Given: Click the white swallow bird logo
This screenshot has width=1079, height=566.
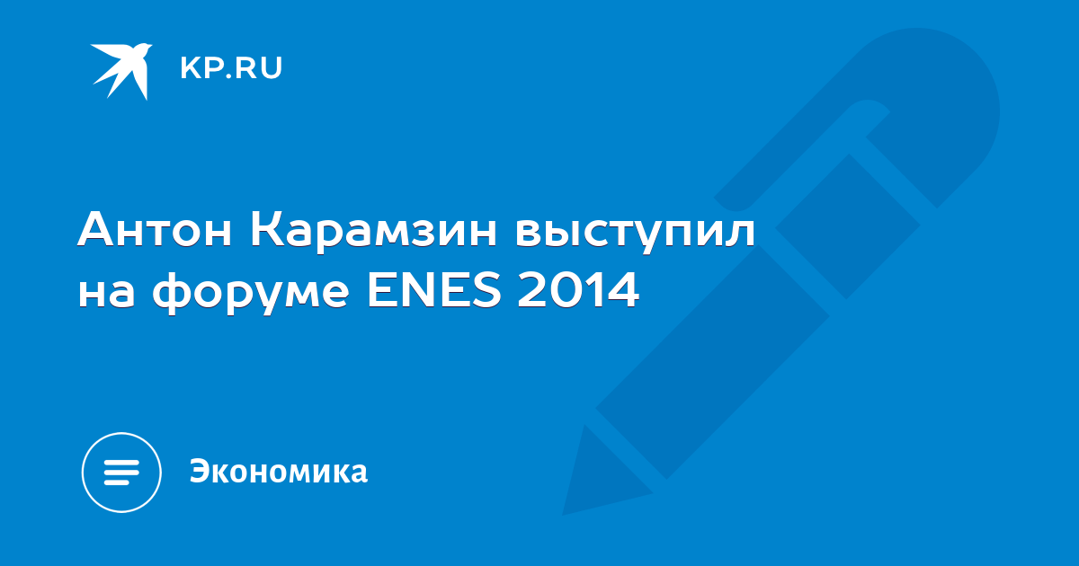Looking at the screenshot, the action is coord(120,70).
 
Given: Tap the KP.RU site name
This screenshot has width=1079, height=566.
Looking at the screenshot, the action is coord(231,68).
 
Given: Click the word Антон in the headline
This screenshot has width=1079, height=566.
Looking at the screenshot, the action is coord(154,229).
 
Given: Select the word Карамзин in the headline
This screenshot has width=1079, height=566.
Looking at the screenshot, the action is coord(373,231).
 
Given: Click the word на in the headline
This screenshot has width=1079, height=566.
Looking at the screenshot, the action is coord(106,292).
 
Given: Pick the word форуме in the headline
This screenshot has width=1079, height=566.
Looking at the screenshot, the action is coord(251,293).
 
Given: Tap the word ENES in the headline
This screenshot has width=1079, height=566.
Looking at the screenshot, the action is coord(434,289).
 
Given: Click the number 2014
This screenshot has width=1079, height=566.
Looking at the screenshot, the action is coord(578,289).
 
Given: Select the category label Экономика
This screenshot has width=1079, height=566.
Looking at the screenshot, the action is coord(279,471).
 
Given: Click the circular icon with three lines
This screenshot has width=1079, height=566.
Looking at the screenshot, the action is coord(121,473).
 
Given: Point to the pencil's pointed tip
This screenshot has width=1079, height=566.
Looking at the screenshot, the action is coord(565,513).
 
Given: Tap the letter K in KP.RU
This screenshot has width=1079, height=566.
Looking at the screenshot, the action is coord(190,68).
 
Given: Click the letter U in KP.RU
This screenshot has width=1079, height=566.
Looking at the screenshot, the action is coord(272,68).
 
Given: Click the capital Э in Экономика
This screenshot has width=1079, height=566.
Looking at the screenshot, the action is coord(200,471).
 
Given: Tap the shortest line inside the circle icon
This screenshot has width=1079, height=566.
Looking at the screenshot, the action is coord(118,482).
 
